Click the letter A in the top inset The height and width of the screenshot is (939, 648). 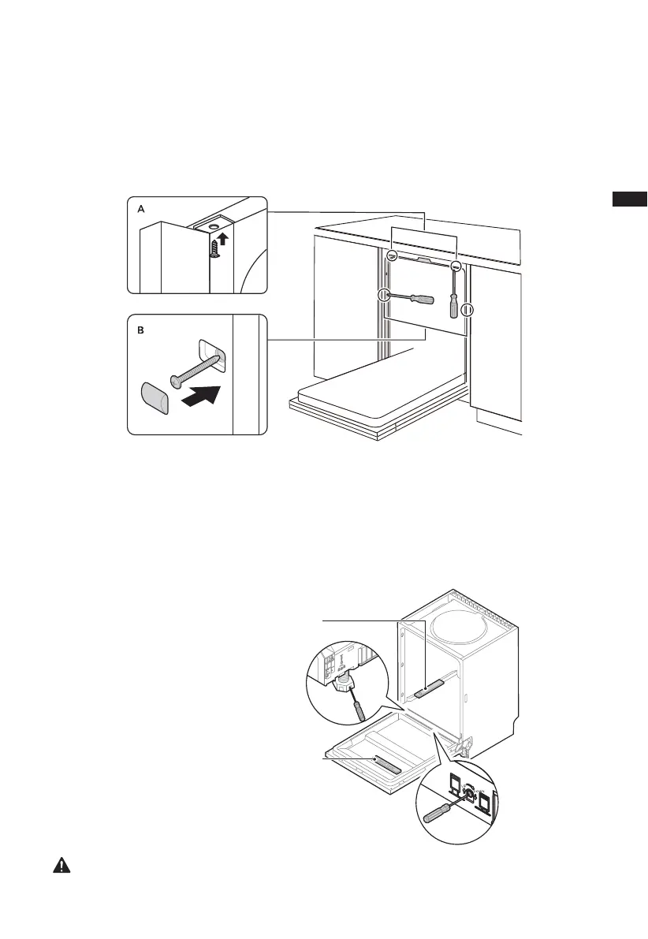[x=141, y=210]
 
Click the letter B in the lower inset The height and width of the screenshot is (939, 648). [x=141, y=331]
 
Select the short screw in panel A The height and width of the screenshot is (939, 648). [x=214, y=248]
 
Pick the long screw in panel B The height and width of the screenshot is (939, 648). [x=192, y=371]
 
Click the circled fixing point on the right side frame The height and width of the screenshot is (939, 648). [x=467, y=310]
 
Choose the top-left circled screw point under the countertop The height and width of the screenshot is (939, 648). [x=392, y=256]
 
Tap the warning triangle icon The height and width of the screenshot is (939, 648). [x=60, y=865]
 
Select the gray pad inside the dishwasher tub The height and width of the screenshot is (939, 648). [x=426, y=692]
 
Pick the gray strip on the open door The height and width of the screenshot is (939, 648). [x=387, y=763]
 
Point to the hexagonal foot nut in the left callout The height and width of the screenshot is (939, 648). [x=344, y=683]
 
